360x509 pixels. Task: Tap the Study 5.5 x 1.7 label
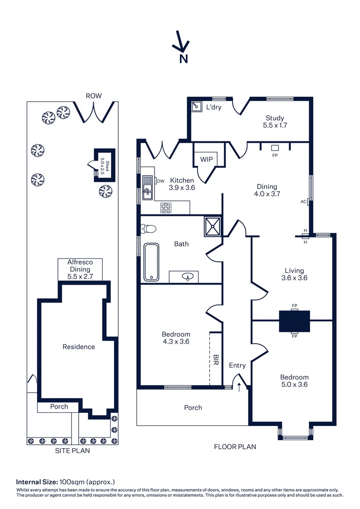[x=275, y=122]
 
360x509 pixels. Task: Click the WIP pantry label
[x=206, y=159]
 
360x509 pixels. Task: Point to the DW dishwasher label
[x=160, y=181]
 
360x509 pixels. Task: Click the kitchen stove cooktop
[x=166, y=206]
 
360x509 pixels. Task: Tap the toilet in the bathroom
[x=148, y=229]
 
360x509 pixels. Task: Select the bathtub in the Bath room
[x=152, y=262]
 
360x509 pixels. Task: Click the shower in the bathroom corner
[x=213, y=226]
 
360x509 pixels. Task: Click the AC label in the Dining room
[x=303, y=202]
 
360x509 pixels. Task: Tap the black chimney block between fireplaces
[x=295, y=321]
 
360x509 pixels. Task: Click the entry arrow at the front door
[x=239, y=387]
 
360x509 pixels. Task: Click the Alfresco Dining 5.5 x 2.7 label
[x=80, y=270]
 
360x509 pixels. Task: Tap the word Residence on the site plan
[x=79, y=347]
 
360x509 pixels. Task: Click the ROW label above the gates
[x=93, y=96]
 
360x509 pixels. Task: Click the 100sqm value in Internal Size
[x=70, y=482]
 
